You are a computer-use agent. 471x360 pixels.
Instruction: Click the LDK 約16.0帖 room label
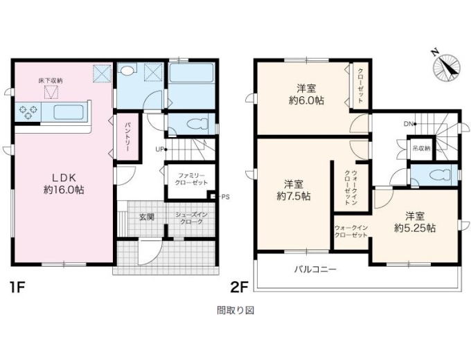(x=64, y=183)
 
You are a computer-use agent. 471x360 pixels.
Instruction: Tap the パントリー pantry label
(x=127, y=136)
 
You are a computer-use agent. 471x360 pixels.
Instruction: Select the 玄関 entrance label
(x=147, y=217)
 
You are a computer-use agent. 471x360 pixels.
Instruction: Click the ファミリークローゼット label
(x=191, y=179)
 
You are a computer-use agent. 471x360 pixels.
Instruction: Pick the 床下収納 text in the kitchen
(x=51, y=80)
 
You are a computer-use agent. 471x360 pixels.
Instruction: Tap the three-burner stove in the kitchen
(x=28, y=111)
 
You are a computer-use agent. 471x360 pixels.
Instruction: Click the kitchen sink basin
(x=68, y=112)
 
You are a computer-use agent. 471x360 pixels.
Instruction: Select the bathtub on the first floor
(x=191, y=73)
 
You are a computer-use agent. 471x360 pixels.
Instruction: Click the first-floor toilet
(x=197, y=124)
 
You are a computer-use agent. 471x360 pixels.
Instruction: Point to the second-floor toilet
(x=440, y=174)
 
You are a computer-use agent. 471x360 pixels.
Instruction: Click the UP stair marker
(x=161, y=149)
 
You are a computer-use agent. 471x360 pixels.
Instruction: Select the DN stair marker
(x=410, y=124)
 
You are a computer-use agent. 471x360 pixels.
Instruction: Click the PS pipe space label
(x=225, y=197)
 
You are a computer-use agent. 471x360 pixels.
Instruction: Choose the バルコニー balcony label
(x=315, y=269)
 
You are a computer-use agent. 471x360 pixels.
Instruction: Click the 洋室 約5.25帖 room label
(x=415, y=222)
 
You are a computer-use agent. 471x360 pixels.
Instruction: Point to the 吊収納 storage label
(x=421, y=148)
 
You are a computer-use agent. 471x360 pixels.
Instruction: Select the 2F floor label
(x=240, y=288)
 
